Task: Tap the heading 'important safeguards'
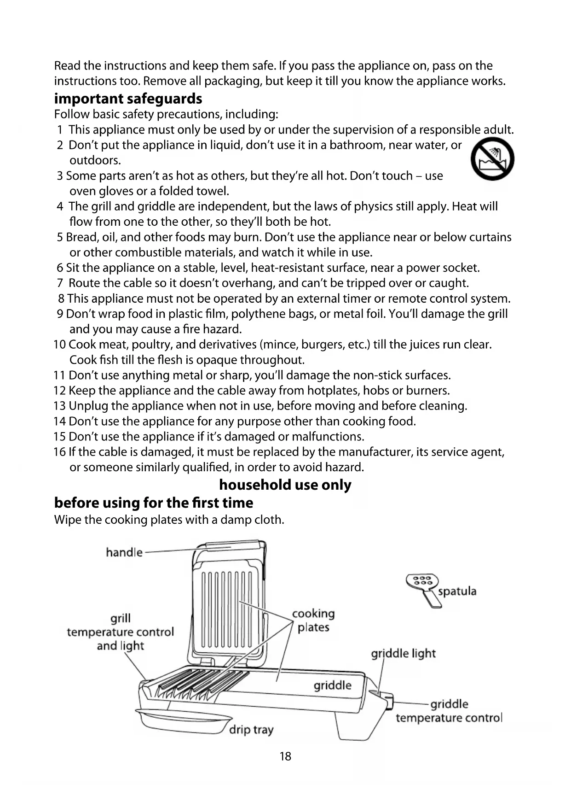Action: point(128,99)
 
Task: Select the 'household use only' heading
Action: point(285,485)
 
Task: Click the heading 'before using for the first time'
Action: point(154,502)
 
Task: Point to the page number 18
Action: point(285,756)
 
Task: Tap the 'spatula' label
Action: point(457,591)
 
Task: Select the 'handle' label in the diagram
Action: point(124,552)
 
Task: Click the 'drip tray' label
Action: point(251,729)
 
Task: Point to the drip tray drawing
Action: point(184,722)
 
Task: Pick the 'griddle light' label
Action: point(403,653)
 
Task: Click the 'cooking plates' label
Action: point(313,620)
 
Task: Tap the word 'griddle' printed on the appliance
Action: point(332,685)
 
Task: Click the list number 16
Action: point(59,452)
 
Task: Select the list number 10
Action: point(59,345)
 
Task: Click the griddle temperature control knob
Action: point(389,702)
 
